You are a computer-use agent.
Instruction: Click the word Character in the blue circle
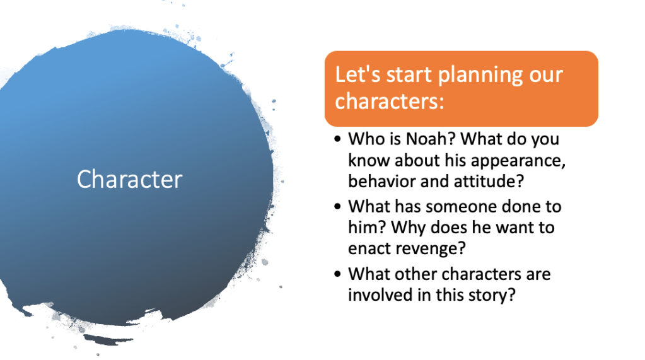[130, 180]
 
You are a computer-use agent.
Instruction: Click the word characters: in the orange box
[390, 102]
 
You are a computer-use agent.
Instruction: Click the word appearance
[518, 161]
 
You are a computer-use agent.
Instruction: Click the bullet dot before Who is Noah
[338, 139]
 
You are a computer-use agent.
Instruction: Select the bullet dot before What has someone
[338, 206]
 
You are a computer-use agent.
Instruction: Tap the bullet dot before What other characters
[338, 274]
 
